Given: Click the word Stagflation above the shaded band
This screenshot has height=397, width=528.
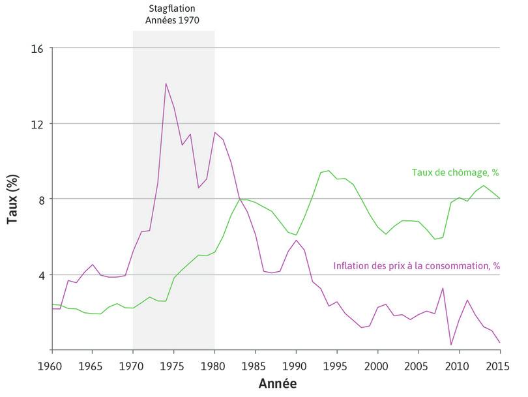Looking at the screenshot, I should click(x=173, y=8).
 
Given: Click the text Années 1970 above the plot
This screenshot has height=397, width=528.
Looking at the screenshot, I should click(x=173, y=20).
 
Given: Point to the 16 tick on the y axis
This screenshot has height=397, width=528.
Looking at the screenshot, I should click(x=38, y=48).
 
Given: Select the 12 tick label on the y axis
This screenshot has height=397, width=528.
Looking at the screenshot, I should click(x=38, y=124).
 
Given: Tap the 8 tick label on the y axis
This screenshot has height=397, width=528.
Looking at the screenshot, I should click(x=41, y=199).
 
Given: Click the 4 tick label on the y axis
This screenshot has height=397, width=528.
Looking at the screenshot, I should click(x=41, y=274).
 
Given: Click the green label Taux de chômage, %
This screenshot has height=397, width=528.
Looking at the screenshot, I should click(x=455, y=173).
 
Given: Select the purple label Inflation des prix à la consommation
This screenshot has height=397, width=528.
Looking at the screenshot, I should click(x=416, y=266).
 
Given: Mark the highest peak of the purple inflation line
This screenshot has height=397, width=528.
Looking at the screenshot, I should click(x=166, y=83).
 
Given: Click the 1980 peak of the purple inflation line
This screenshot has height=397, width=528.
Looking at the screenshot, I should click(x=214, y=132).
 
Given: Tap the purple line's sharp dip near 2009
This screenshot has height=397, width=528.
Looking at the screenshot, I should click(x=451, y=345).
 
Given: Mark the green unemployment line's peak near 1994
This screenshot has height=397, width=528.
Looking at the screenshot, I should click(x=329, y=171).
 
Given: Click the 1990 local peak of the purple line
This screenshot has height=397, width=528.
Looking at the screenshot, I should click(x=296, y=240).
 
